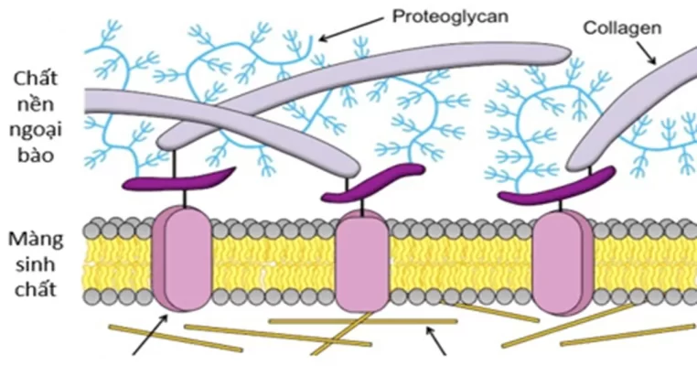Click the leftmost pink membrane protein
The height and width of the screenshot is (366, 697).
(x=181, y=259)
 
